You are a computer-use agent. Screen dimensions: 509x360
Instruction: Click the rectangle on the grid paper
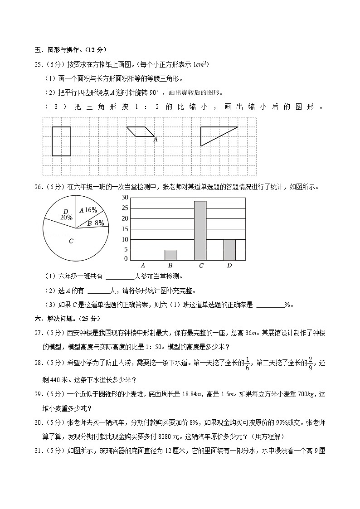pyautogui.click(x=61, y=141)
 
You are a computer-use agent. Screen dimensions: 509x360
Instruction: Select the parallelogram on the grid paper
pyautogui.click(x=140, y=131)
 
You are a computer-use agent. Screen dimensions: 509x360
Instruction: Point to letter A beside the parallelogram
pyautogui.click(x=155, y=140)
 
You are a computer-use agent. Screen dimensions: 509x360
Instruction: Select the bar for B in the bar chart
pyautogui.click(x=170, y=255)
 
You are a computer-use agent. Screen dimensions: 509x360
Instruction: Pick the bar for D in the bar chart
pyautogui.click(x=229, y=250)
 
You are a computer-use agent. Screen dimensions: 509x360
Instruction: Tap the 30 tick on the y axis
pyautogui.click(x=125, y=197)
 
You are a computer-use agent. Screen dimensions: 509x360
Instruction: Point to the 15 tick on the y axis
pyautogui.click(x=125, y=228)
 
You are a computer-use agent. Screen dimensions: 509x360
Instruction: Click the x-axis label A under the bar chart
pyautogui.click(x=143, y=265)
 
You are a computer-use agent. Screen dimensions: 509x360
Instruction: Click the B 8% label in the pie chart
pyautogui.click(x=96, y=223)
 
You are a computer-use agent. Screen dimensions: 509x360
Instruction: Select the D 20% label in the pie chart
pyautogui.click(x=66, y=214)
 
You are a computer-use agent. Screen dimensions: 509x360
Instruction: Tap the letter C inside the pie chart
pyautogui.click(x=71, y=241)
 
